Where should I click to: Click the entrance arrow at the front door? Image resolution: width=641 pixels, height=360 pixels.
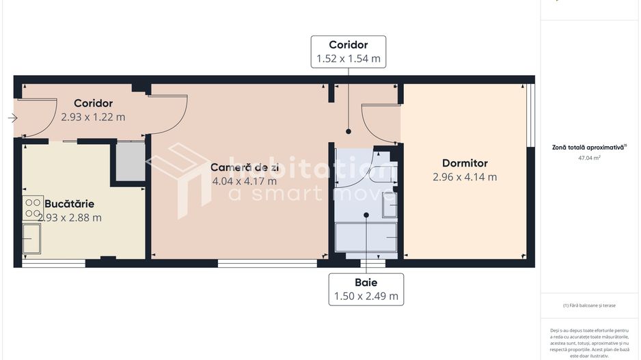(12, 118)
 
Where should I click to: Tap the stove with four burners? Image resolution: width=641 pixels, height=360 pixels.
(33, 207)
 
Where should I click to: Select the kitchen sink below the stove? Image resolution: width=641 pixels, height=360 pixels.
(31, 238)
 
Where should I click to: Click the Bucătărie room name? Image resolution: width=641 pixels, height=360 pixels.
(69, 204)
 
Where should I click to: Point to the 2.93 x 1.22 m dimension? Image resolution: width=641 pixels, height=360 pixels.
(93, 117)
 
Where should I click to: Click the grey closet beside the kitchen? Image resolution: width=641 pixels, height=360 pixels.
(130, 162)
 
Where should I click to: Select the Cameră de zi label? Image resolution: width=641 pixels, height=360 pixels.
(244, 167)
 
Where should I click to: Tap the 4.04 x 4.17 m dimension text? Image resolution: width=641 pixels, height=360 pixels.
(244, 181)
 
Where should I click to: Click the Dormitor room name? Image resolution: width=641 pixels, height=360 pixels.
(465, 163)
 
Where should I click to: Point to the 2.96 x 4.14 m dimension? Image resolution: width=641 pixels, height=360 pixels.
(465, 177)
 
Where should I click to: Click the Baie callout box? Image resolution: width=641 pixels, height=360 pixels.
(366, 289)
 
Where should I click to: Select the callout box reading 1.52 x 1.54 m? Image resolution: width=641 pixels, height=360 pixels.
(349, 52)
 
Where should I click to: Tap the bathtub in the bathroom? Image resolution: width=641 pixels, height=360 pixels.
(366, 237)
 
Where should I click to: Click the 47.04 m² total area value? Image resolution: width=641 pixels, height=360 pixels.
(589, 157)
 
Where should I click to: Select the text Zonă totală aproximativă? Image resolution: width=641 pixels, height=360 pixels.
(588, 147)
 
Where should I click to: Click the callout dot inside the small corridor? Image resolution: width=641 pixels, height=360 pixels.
(349, 131)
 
